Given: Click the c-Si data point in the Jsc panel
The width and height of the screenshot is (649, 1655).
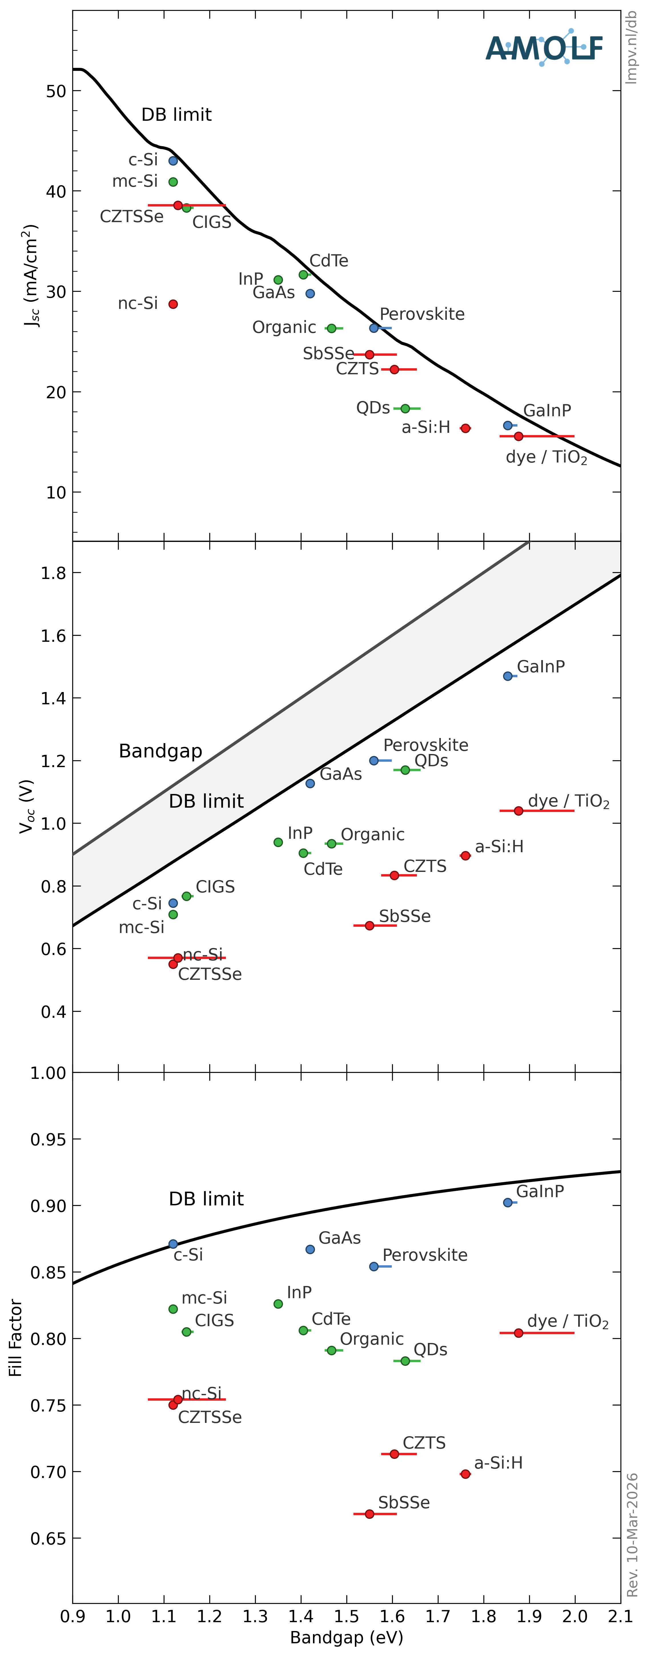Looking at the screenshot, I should click(x=173, y=161).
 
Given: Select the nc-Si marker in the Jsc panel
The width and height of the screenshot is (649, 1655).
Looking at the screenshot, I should click(x=173, y=304).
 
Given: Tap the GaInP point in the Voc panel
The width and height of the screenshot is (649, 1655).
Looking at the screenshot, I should click(x=508, y=676).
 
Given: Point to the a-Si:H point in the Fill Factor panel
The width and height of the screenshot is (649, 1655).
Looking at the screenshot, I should click(x=465, y=1474).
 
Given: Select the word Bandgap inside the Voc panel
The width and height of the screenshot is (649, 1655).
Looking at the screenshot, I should click(x=161, y=751).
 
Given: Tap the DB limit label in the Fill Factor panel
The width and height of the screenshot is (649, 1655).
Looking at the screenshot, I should click(x=206, y=1199).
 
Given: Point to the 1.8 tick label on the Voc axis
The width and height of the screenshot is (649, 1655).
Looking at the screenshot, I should click(x=53, y=573).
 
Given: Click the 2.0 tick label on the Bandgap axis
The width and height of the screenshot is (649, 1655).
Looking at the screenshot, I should click(x=575, y=1616).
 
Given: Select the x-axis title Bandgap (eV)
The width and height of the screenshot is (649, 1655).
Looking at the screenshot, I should click(x=346, y=1638).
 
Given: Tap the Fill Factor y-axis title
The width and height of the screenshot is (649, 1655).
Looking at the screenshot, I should click(x=15, y=1338).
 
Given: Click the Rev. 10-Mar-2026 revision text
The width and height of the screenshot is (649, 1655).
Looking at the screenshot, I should click(x=632, y=1535).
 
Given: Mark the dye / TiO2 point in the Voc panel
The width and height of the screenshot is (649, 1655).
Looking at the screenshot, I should click(x=519, y=811).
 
